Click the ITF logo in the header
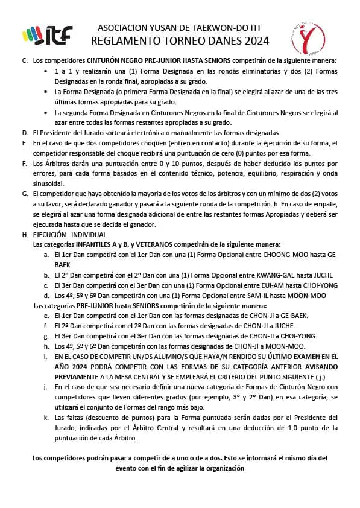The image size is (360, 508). pos(46,35)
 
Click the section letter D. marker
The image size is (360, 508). pos(24,132)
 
